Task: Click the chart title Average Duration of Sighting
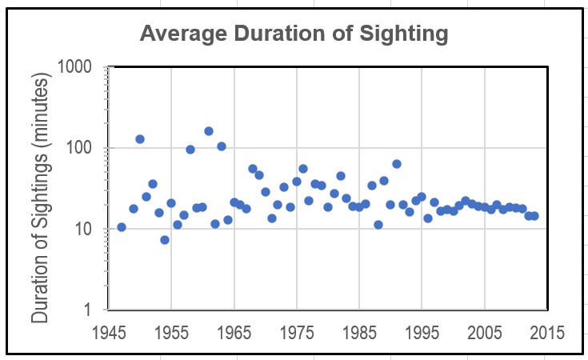(x=294, y=34)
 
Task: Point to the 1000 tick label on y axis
(x=79, y=67)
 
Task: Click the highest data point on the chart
(x=209, y=131)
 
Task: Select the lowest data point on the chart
(x=165, y=240)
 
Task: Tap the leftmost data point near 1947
(x=122, y=227)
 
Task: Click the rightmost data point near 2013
(x=534, y=216)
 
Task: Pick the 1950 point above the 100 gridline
(x=140, y=139)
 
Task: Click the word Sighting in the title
(x=404, y=34)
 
